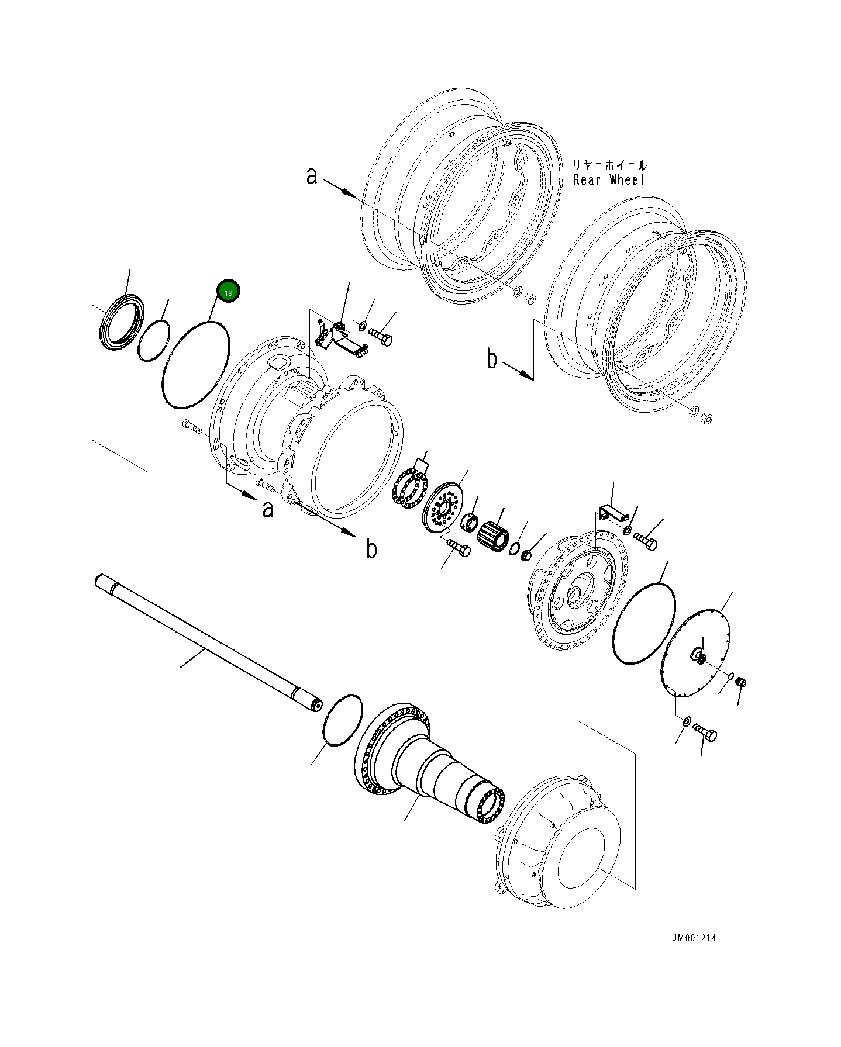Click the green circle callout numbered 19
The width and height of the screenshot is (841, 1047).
point(228,292)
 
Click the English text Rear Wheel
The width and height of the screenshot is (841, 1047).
point(608,179)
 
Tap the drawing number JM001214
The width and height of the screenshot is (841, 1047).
point(694,938)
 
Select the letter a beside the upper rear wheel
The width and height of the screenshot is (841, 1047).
point(312,175)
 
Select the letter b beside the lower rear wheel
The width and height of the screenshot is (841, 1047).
point(492,360)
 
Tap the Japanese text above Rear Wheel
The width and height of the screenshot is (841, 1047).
point(609,165)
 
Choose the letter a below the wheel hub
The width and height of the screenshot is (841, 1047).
point(267,509)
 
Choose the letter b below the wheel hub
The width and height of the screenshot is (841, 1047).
point(371,549)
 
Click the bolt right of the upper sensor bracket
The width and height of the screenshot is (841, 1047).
point(381,337)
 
